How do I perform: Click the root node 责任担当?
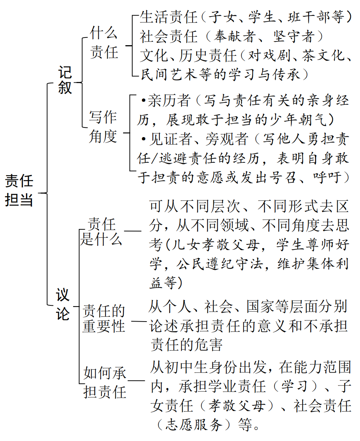(19, 191)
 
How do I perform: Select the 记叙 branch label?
(65, 80)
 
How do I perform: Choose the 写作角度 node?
(103, 127)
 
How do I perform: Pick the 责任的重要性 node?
(104, 318)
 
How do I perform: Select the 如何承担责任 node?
(105, 383)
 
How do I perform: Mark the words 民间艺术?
(169, 75)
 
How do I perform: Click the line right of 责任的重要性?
(138, 322)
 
